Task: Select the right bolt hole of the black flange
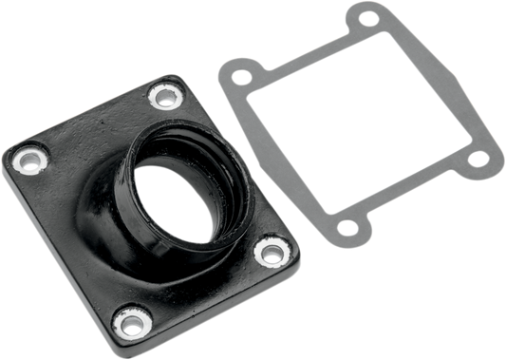point(272,251)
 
